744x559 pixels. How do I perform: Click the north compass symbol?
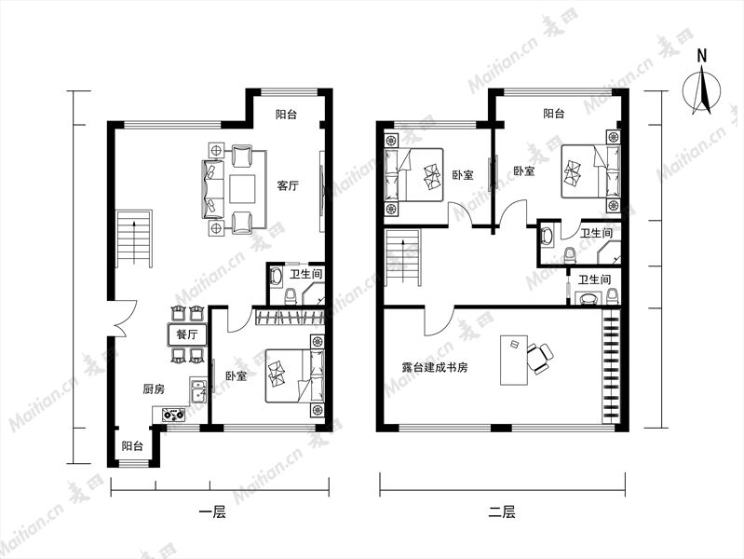(x=702, y=85)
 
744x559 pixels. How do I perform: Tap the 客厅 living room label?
(x=288, y=185)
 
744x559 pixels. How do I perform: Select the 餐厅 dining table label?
(x=187, y=334)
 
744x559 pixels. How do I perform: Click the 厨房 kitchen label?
(x=154, y=389)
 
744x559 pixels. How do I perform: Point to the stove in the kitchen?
(x=174, y=416)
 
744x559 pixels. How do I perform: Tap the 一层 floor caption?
(x=212, y=512)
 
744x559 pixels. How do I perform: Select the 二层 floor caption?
(x=502, y=512)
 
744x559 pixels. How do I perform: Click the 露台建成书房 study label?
(x=435, y=367)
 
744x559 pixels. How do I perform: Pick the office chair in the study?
(x=540, y=358)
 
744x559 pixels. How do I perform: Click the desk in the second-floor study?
(x=514, y=360)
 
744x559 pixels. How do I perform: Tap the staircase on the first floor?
(x=135, y=239)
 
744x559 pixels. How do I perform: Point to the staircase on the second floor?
(x=403, y=258)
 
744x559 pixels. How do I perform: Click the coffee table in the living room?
(x=243, y=189)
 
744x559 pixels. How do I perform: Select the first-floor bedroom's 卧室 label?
(x=236, y=376)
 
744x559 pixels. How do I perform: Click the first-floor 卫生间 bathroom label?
(x=306, y=274)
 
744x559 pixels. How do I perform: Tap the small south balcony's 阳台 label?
(x=132, y=446)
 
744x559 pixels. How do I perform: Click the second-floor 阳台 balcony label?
(x=554, y=114)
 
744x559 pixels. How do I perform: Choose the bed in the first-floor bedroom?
(x=294, y=375)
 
